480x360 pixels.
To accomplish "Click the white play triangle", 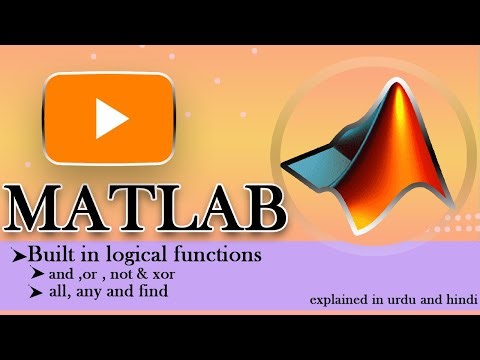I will coord(111,121).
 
